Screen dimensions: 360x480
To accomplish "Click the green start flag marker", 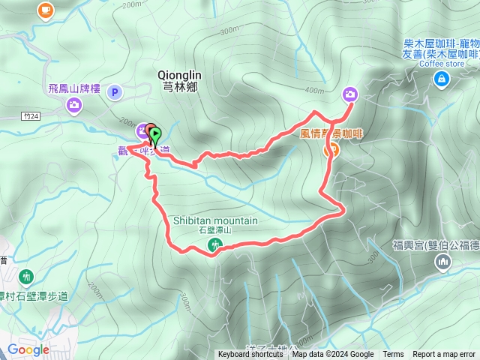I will (155, 135).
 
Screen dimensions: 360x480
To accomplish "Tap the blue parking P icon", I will (114, 93).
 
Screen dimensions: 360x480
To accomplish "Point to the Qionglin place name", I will (180, 75).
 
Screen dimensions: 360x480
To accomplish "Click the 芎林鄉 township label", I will (180, 85).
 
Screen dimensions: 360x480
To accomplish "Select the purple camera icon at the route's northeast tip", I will (349, 94).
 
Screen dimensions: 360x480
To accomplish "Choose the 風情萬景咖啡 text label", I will (330, 133).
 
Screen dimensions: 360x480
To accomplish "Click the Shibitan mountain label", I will (215, 221).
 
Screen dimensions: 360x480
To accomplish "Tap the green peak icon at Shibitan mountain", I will (215, 244).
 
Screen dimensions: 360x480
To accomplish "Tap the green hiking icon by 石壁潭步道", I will (27, 277).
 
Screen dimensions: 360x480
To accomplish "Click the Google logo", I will (28, 349).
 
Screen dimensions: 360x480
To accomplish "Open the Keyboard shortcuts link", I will (250, 355).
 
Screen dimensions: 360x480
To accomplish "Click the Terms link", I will (393, 355).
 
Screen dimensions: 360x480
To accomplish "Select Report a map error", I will (444, 355).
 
